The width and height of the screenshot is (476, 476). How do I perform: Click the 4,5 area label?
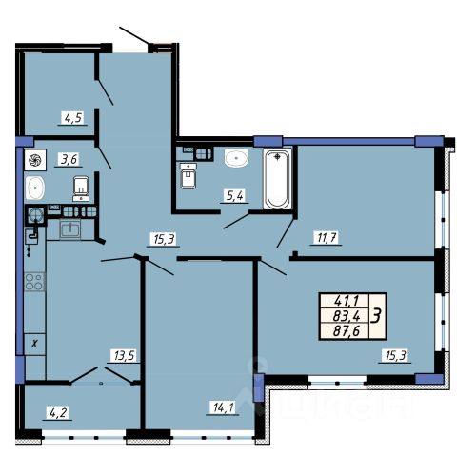[73, 118]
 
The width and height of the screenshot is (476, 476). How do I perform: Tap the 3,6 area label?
[69, 159]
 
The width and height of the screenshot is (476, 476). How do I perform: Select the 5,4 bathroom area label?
[235, 196]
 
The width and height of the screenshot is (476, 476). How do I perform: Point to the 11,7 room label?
[327, 237]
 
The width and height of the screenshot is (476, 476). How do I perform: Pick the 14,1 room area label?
[224, 407]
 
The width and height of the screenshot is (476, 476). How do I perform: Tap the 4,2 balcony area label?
[58, 413]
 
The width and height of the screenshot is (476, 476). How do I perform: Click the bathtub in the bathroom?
[278, 179]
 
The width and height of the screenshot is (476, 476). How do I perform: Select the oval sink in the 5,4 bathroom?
[236, 158]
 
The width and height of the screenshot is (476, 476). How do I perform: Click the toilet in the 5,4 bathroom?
[188, 175]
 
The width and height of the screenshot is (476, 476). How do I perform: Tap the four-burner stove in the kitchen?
[34, 282]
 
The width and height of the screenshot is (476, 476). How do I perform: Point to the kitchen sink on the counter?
[70, 229]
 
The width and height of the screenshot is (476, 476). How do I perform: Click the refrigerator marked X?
[35, 345]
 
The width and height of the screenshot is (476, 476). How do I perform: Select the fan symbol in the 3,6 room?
[35, 160]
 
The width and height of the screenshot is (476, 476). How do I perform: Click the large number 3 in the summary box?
[377, 316]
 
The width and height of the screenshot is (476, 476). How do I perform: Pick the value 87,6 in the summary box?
[347, 331]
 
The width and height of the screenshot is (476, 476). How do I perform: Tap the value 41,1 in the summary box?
[346, 300]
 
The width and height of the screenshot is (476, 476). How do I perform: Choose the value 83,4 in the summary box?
[347, 316]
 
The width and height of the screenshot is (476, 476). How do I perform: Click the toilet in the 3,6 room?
[81, 189]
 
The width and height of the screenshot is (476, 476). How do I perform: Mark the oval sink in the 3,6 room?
[35, 188]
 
